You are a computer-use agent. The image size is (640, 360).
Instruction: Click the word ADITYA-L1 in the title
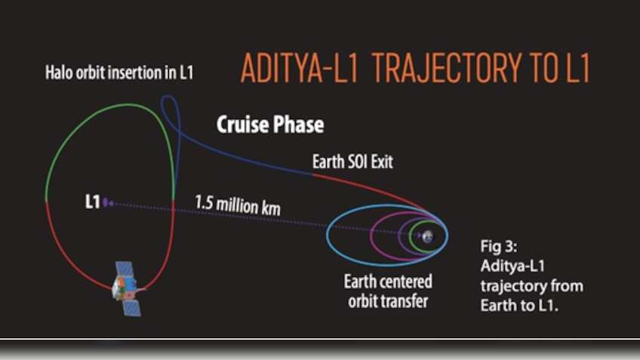[x=297, y=69]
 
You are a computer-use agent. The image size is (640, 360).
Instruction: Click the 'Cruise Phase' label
[x=270, y=125]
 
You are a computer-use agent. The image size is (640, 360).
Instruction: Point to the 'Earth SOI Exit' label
[x=352, y=162]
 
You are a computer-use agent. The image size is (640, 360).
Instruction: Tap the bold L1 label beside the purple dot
[x=92, y=202]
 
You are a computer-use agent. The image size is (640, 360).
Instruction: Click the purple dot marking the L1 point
[x=106, y=202]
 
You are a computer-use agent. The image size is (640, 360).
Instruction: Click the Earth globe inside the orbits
[x=428, y=236]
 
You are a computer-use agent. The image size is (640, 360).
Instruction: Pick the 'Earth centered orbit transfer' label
[x=388, y=291]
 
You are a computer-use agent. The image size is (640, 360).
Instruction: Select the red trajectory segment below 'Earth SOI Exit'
[x=377, y=183]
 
